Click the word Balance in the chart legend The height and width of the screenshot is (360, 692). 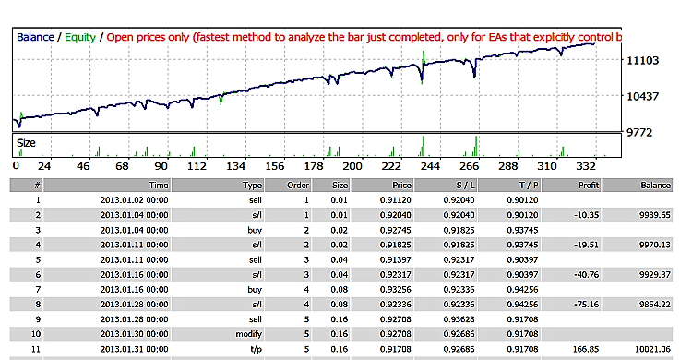(33, 38)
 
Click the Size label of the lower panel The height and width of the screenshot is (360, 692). (27, 144)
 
